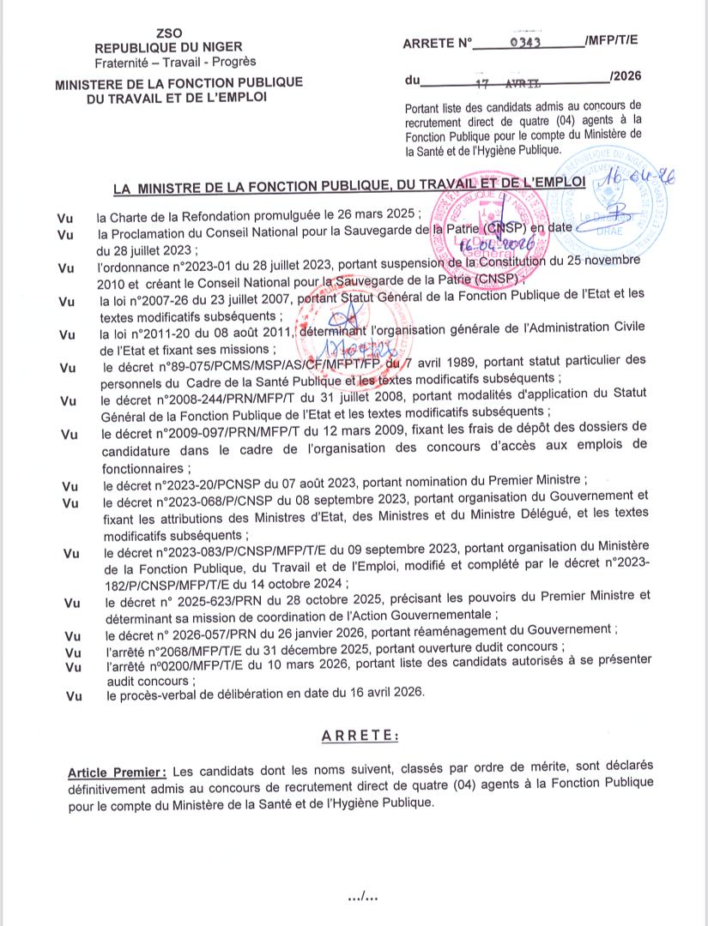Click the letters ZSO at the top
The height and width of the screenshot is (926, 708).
click(x=168, y=33)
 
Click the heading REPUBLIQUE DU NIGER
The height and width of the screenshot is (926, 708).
click(x=168, y=48)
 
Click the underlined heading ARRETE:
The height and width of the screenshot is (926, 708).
click(x=360, y=736)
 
